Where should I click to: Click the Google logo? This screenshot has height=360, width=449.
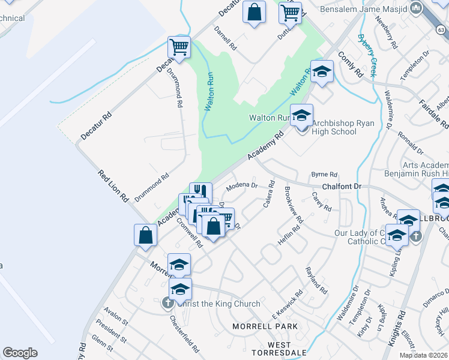point(20,353)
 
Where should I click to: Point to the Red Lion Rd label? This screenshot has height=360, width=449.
point(113,185)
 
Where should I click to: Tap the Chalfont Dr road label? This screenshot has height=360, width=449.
point(342,187)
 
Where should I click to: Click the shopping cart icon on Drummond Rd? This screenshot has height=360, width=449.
point(179,48)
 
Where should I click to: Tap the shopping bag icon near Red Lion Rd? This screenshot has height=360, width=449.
point(146,235)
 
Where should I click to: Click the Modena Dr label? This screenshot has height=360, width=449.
point(241,187)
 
